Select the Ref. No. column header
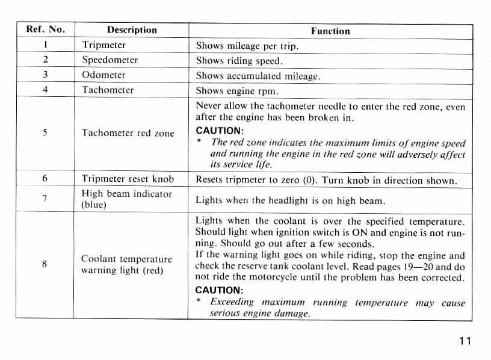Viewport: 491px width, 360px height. (46, 29)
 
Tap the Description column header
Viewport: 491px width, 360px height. (131, 29)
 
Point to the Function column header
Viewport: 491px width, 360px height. (330, 31)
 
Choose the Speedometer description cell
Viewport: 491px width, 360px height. (110, 60)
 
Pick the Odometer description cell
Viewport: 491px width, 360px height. (103, 75)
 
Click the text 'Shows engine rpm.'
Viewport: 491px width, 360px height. (236, 92)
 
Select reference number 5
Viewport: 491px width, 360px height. (45, 133)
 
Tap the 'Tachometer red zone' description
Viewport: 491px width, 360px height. (128, 133)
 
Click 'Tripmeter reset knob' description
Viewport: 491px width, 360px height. (128, 179)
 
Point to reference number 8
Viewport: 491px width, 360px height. (45, 264)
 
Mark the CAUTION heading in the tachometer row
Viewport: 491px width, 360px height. (219, 131)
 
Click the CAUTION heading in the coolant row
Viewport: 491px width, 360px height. (218, 290)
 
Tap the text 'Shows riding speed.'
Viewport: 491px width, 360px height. (239, 61)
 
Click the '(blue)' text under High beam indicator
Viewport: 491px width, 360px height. (94, 205)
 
